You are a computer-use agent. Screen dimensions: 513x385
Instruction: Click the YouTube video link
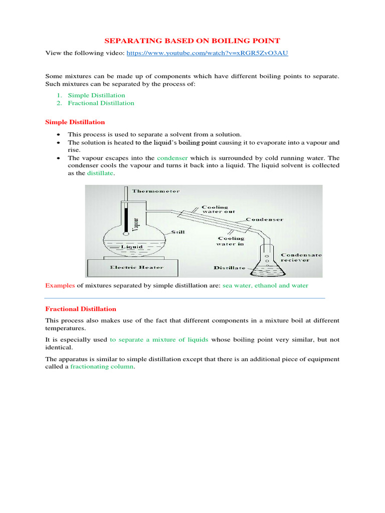207,53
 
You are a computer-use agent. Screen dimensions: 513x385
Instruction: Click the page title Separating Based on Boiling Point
192,40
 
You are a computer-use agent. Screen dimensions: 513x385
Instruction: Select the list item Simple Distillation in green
96,95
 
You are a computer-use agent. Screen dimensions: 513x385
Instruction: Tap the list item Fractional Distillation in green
101,103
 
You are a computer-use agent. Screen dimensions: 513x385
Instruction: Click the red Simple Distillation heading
75,122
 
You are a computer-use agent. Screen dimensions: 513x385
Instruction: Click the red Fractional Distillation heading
81,309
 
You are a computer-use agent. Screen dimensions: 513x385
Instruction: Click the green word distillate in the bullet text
100,173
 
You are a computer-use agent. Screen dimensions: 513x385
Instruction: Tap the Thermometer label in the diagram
155,191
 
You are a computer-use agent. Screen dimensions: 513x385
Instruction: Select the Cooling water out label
216,209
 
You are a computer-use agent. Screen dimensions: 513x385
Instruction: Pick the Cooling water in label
230,241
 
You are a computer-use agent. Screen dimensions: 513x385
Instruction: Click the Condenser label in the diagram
265,219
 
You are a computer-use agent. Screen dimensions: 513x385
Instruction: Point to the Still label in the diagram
180,232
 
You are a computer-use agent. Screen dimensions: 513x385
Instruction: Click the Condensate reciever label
301,258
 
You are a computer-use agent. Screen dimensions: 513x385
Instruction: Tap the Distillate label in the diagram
230,268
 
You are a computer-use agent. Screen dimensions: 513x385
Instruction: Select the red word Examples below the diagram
60,285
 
